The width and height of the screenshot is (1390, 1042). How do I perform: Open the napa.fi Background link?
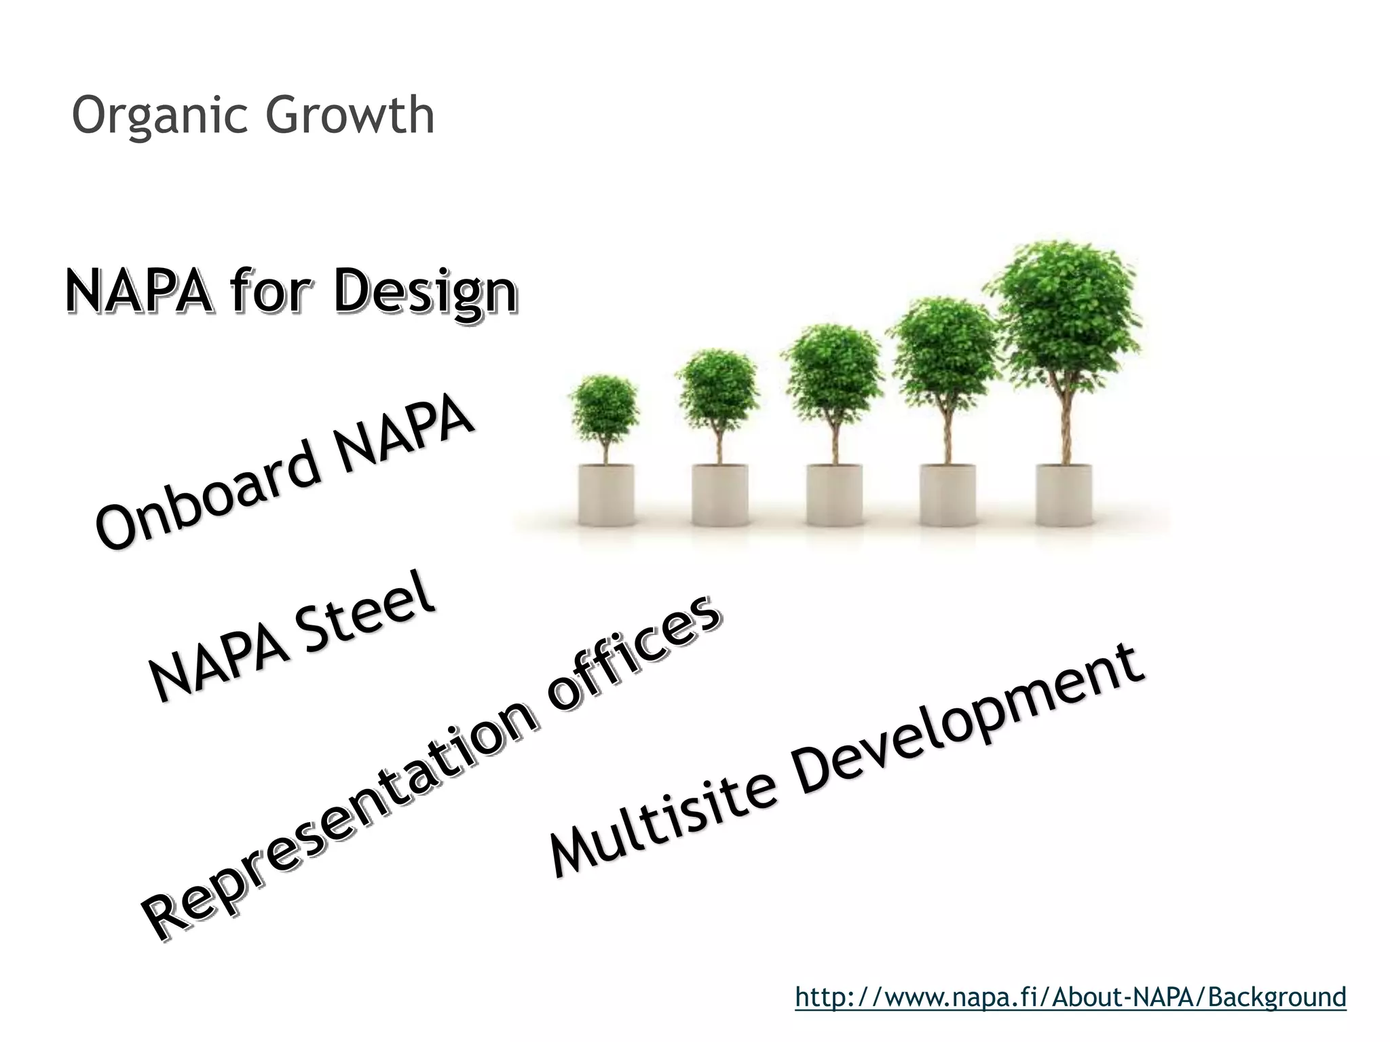pos(1070,997)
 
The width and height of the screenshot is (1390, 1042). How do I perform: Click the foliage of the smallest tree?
pos(604,407)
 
